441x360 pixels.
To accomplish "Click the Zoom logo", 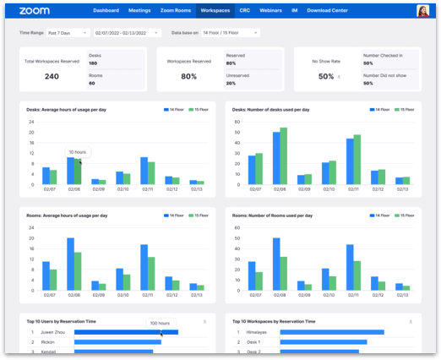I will point(34,10).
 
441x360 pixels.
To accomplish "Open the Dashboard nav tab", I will point(106,11).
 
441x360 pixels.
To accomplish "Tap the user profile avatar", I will point(422,11).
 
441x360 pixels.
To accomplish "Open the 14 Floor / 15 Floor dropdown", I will point(231,32).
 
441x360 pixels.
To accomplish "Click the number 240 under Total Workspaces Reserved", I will point(52,76).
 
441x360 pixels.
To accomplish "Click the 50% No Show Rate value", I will point(326,76).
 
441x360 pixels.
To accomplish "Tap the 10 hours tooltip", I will point(78,153).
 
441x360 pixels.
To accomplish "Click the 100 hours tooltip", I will point(159,323).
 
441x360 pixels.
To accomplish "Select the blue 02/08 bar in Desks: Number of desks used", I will point(276,158).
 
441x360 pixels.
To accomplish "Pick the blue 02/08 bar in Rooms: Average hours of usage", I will point(70,265).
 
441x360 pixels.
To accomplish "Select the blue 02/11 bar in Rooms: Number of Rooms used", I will point(350,268).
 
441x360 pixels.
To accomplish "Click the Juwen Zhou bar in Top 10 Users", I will point(126,332).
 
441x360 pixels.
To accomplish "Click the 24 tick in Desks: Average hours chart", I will point(31,120).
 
